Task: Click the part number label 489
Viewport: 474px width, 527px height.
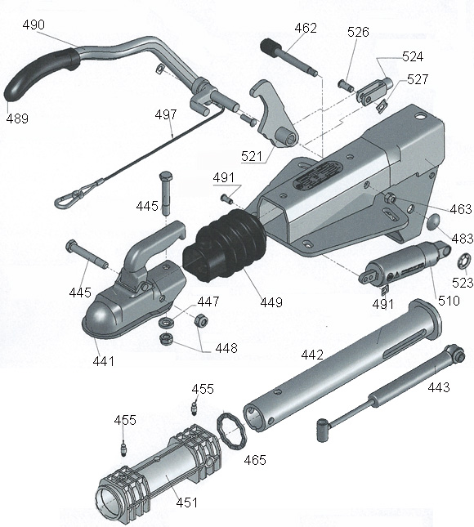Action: (x=17, y=118)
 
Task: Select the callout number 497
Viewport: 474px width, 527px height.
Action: (x=166, y=115)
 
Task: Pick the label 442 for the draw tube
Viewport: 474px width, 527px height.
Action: (x=312, y=355)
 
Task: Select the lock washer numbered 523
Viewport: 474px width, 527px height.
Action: (x=464, y=261)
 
